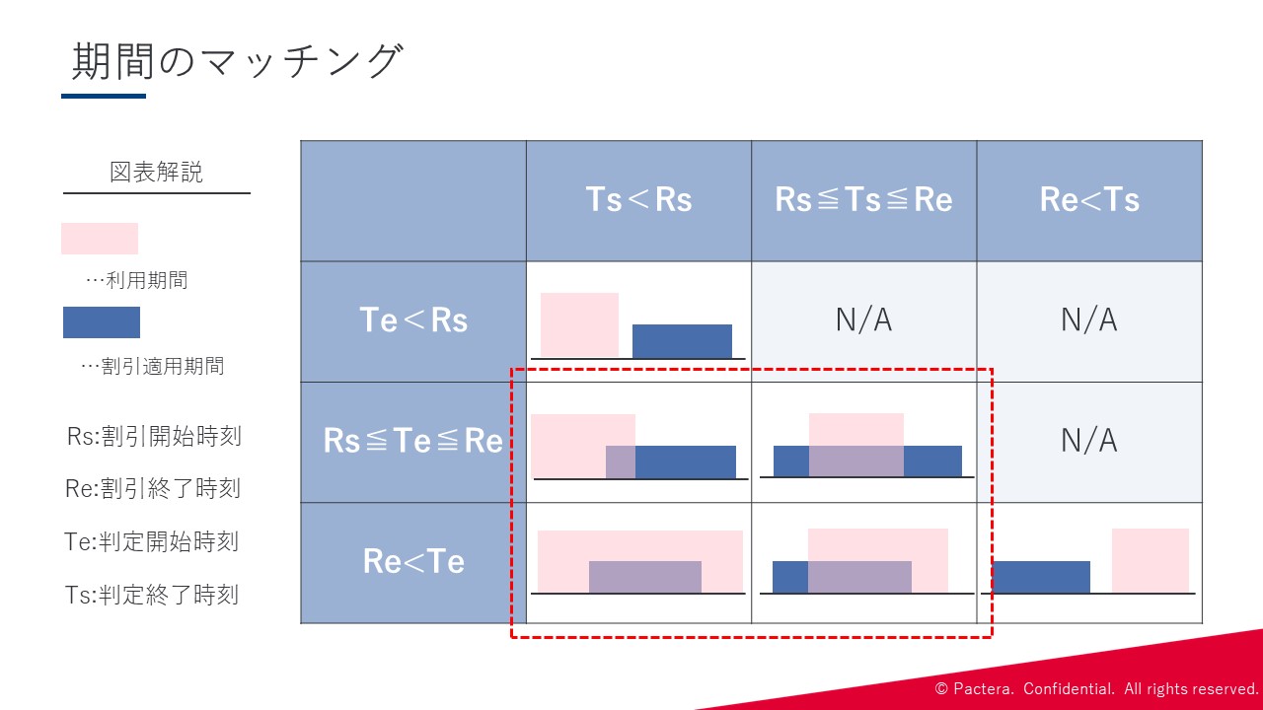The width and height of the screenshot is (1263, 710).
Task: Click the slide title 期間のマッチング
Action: coord(238,61)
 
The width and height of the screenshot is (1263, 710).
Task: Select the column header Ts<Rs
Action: coord(638,199)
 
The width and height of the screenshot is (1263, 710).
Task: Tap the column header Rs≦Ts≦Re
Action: coord(863,199)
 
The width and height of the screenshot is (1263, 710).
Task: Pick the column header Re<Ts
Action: coord(1089,199)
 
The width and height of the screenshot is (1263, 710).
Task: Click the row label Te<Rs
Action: coord(413,320)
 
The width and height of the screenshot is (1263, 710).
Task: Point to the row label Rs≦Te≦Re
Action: coord(412,441)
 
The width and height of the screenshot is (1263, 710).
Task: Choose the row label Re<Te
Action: coord(413,561)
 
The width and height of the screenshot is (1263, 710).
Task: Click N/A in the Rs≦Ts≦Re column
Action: coord(863,320)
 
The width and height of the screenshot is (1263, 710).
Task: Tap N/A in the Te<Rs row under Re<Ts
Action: coord(1089,320)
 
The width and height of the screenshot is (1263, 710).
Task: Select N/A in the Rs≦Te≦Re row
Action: coord(1089,441)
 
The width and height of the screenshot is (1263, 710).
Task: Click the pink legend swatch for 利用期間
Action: coord(100,239)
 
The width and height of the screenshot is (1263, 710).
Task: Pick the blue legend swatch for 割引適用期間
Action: coord(102,322)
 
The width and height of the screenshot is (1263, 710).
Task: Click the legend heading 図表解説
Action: coord(156,172)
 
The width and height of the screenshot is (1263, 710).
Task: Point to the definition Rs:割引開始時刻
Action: coord(154,436)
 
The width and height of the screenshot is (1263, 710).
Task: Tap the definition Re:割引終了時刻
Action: coord(153,488)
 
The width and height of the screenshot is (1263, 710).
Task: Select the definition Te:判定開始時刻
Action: coord(152,541)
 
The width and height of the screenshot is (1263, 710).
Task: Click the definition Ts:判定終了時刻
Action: coord(152,595)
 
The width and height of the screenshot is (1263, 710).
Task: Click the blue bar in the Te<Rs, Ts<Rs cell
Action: coord(682,341)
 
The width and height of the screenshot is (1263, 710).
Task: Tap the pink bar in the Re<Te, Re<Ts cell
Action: coord(1151,560)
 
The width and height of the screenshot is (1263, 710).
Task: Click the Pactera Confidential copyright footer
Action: coord(1096,688)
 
